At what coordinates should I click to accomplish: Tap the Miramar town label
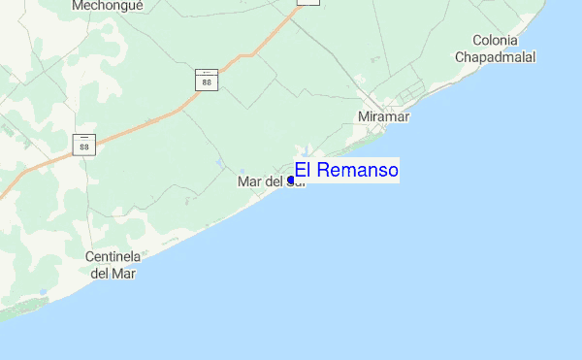[x=384, y=116]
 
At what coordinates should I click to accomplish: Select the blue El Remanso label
[x=346, y=171]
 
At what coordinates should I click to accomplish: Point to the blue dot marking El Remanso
[x=291, y=180]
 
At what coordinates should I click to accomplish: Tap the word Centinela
[x=114, y=257]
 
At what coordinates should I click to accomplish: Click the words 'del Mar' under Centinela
[x=113, y=274]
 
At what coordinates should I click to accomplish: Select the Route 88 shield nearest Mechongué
[x=207, y=80]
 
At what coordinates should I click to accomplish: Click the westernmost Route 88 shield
[x=85, y=145]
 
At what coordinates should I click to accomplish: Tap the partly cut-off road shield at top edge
[x=307, y=3]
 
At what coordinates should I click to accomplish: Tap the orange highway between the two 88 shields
[x=145, y=121]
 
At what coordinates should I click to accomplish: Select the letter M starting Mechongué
[x=78, y=5]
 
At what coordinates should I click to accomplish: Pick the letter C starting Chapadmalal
[x=461, y=57]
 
